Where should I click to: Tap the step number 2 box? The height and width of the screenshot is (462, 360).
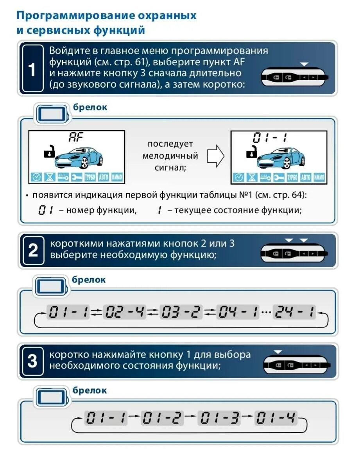33,250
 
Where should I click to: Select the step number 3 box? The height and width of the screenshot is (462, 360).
33,361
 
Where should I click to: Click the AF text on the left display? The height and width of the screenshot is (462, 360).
77,137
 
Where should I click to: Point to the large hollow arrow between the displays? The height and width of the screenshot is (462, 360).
215,156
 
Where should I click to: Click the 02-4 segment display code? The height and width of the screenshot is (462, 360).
124,312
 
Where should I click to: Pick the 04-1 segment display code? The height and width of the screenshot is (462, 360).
237,312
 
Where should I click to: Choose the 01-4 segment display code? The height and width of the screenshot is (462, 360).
276,419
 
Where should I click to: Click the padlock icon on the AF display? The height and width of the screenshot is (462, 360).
49,152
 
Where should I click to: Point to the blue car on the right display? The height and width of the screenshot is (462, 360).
280,158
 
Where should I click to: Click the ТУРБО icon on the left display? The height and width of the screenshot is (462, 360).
90,177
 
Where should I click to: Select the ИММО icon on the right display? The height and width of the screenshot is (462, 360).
319,177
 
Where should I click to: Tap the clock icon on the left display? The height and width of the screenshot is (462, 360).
36,177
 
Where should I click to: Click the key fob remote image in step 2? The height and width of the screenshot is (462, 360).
294,253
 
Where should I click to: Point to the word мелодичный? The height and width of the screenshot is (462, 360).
170,156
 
